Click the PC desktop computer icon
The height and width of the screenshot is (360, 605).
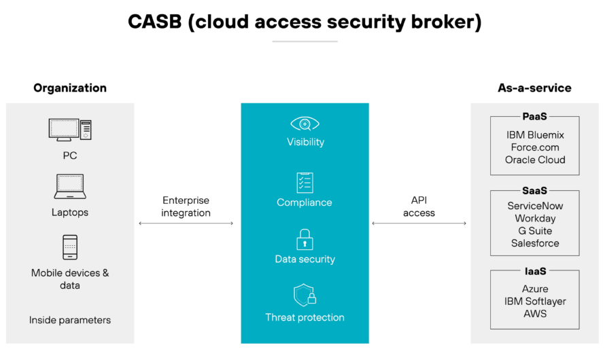(x=70, y=130)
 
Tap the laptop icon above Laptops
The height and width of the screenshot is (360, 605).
(x=70, y=187)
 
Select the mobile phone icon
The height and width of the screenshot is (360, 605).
(x=70, y=247)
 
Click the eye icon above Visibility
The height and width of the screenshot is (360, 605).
(x=305, y=124)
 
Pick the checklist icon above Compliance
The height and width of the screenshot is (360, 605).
(x=305, y=183)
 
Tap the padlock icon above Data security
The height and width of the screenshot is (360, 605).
(x=305, y=240)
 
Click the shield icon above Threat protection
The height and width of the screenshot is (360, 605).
(x=305, y=295)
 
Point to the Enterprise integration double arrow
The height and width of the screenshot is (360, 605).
(x=186, y=223)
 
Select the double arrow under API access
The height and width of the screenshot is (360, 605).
(x=419, y=223)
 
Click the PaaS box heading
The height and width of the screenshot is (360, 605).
(x=535, y=116)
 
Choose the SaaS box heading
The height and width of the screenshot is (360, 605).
(x=535, y=190)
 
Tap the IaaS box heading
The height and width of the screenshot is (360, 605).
(x=535, y=271)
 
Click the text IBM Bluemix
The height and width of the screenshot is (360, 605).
(x=535, y=135)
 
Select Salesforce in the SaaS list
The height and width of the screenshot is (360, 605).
(x=535, y=243)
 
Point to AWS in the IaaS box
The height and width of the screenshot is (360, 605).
(x=535, y=314)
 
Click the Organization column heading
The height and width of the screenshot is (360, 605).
(x=70, y=88)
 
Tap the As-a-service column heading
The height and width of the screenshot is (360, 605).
(x=534, y=88)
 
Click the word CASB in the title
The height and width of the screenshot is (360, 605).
(x=155, y=22)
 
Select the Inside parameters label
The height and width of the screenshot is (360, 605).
(x=70, y=321)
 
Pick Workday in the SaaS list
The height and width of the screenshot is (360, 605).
(x=535, y=219)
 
